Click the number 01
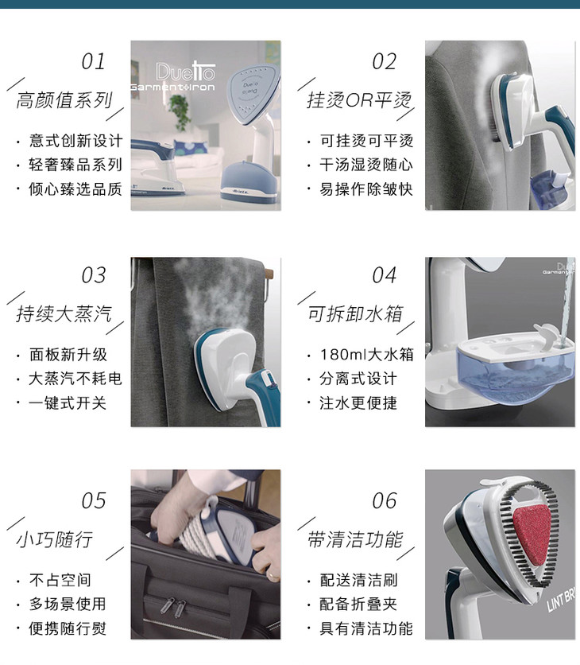click(x=93, y=61)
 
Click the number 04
click(x=385, y=275)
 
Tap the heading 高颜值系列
click(x=64, y=100)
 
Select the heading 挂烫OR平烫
click(x=359, y=100)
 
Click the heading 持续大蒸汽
click(x=64, y=314)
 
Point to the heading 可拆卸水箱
click(x=355, y=314)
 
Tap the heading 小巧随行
click(x=55, y=539)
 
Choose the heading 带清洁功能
click(x=355, y=539)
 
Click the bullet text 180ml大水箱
click(x=366, y=355)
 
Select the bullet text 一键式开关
click(x=68, y=403)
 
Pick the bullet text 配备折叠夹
click(x=358, y=605)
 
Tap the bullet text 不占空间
click(x=60, y=580)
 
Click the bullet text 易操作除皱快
click(x=366, y=189)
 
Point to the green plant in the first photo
click(x=180, y=111)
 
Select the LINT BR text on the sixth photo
click(x=563, y=600)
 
